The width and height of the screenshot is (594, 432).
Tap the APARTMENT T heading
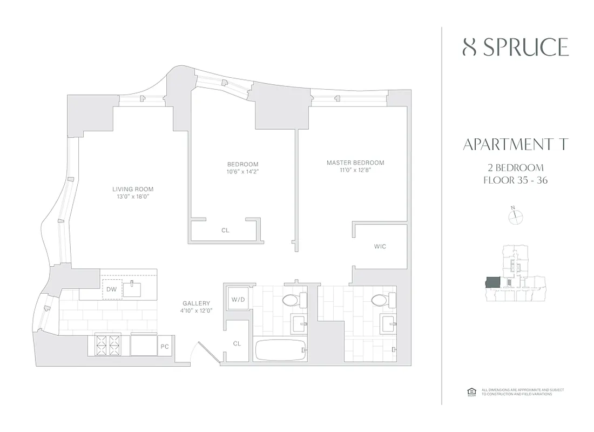pos(516,145)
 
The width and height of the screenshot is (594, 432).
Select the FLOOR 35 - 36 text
pos(516,180)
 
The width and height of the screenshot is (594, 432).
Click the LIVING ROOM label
pos(133,189)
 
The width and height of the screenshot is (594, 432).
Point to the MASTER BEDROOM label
pos(355,163)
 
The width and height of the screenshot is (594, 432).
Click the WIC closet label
pos(380,247)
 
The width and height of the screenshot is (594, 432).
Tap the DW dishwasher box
pos(111,289)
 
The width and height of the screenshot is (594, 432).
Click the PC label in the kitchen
pos(165,347)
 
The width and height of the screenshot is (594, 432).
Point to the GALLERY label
pos(196,303)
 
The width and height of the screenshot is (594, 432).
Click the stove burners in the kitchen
pos(107,345)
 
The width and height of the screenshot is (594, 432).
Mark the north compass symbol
pos(516,216)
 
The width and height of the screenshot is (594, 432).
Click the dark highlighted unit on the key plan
pos(493,283)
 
